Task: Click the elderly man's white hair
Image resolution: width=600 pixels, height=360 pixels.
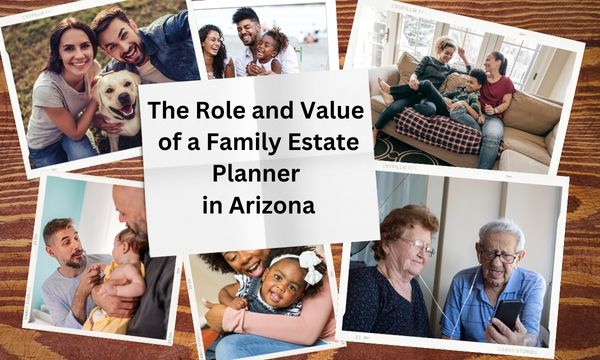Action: point(497,231)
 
